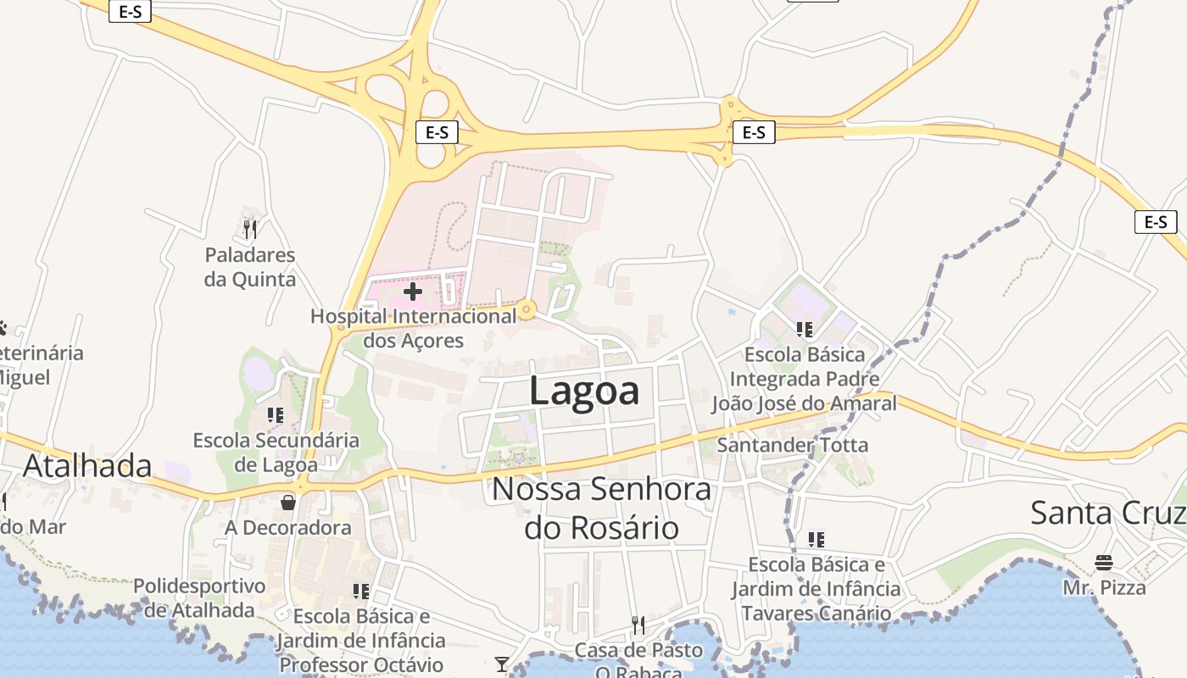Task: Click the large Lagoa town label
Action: pyautogui.click(x=584, y=392)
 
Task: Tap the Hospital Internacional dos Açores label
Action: pyautogui.click(x=413, y=329)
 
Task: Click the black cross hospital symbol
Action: pyautogui.click(x=413, y=292)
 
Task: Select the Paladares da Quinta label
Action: pyautogui.click(x=250, y=267)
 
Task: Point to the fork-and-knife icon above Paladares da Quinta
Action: pyautogui.click(x=249, y=229)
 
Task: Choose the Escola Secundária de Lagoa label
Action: pyautogui.click(x=276, y=453)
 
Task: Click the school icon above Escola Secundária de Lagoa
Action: pyautogui.click(x=276, y=415)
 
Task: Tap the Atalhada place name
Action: pyautogui.click(x=87, y=466)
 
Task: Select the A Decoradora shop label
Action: pyautogui.click(x=288, y=528)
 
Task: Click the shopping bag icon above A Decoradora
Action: pyautogui.click(x=288, y=503)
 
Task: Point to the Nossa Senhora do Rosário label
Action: pyautogui.click(x=602, y=508)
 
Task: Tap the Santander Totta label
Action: pyautogui.click(x=793, y=445)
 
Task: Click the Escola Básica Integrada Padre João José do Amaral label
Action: pyautogui.click(x=804, y=379)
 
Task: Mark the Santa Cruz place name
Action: pyautogui.click(x=1107, y=513)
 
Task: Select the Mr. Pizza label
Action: pyautogui.click(x=1105, y=587)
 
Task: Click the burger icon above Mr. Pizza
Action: pyautogui.click(x=1104, y=563)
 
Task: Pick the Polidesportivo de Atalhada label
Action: pyautogui.click(x=199, y=597)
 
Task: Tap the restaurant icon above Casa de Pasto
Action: pyautogui.click(x=638, y=625)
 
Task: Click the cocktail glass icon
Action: pyautogui.click(x=502, y=664)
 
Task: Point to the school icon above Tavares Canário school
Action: pyautogui.click(x=816, y=539)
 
